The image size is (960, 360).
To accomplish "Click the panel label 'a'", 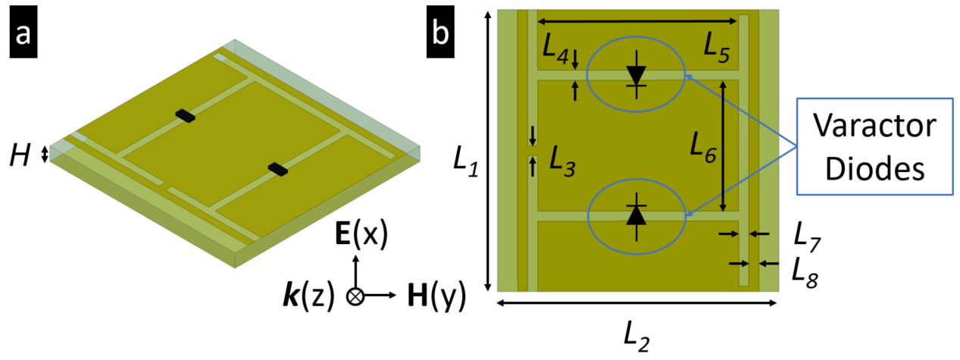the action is coord(23,32).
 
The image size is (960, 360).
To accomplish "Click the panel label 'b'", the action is coord(440,32).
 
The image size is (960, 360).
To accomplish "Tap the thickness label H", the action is coord(20,155).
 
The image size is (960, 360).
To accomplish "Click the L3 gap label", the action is coord(562,161).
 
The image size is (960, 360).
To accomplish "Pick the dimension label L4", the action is coord(555,49).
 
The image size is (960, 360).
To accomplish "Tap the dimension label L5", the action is coord(717,48).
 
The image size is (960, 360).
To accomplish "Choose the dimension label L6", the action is coord(703,148).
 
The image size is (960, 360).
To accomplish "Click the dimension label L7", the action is coord(807,237).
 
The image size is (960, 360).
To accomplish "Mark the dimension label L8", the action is coord(805,272).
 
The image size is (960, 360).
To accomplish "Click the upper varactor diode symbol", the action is coord(636,74).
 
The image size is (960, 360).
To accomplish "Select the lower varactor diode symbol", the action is coord(636,217).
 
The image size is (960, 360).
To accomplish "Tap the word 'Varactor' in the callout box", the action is coord(874,126).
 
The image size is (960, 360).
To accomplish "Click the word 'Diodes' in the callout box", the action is coord(874,169).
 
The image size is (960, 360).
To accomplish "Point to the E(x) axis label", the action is coord(361,234).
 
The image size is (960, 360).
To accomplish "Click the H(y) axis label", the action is coord(436,296).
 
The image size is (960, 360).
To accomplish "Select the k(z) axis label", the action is coord(308,296).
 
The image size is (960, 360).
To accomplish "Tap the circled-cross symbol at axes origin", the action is coord(355,296).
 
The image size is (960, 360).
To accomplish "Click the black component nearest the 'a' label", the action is coord(185,116).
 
